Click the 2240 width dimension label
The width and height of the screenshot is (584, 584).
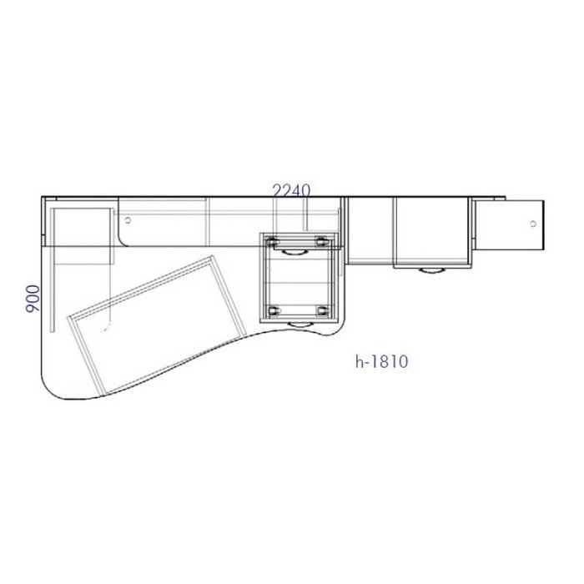(292, 191)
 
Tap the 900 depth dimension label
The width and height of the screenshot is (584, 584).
(33, 299)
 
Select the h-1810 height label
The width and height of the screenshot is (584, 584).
(381, 361)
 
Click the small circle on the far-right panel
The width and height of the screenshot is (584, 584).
(533, 224)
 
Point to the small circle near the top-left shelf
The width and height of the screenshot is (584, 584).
(128, 220)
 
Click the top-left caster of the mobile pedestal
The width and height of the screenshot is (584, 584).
(273, 241)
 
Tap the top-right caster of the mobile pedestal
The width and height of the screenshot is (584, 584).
(321, 241)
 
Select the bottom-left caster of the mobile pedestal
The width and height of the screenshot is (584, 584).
(274, 310)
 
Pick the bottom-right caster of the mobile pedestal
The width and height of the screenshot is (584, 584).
(322, 310)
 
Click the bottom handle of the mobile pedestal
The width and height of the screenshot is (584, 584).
(300, 325)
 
